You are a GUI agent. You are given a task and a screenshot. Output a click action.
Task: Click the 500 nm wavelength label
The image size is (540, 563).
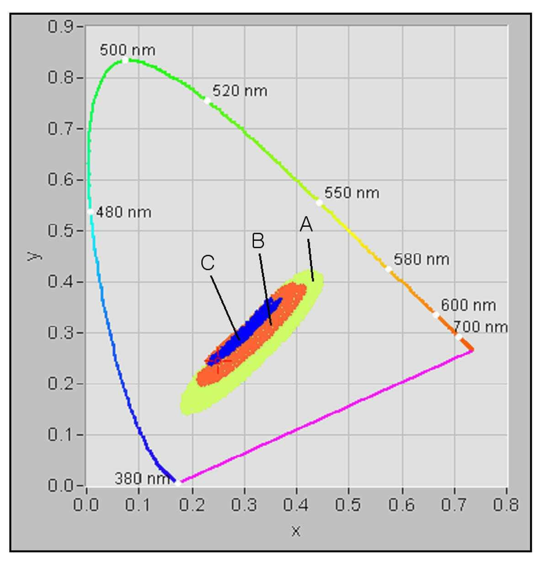pos(128,50)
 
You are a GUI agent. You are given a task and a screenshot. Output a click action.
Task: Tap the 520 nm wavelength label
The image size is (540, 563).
pos(240,91)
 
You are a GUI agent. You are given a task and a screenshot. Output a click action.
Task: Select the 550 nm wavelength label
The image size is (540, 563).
pos(352,193)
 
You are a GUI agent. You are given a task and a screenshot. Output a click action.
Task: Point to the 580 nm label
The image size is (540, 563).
pos(421,259)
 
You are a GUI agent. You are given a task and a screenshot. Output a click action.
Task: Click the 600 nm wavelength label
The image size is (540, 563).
pos(468,305)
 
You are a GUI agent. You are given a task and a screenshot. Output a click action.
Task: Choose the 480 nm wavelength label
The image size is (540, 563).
pos(123,212)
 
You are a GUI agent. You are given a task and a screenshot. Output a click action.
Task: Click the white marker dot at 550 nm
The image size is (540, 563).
pos(320,203)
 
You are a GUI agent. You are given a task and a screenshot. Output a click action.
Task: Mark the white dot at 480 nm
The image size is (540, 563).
pos(91,212)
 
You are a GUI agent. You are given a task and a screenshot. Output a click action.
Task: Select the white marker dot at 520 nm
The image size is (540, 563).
pos(207,101)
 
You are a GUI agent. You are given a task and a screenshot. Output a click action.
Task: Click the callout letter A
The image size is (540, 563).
pos(306,225)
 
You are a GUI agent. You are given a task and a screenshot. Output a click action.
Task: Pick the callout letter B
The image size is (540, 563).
pos(258,241)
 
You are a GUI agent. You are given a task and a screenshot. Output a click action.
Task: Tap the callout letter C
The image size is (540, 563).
pos(207,263)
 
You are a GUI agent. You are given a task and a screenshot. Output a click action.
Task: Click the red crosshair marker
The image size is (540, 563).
pos(218,360)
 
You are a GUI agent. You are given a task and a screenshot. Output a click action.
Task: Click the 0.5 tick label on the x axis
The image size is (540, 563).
pos(348,504)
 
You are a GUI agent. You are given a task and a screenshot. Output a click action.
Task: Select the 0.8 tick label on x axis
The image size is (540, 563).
pos(506,504)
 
